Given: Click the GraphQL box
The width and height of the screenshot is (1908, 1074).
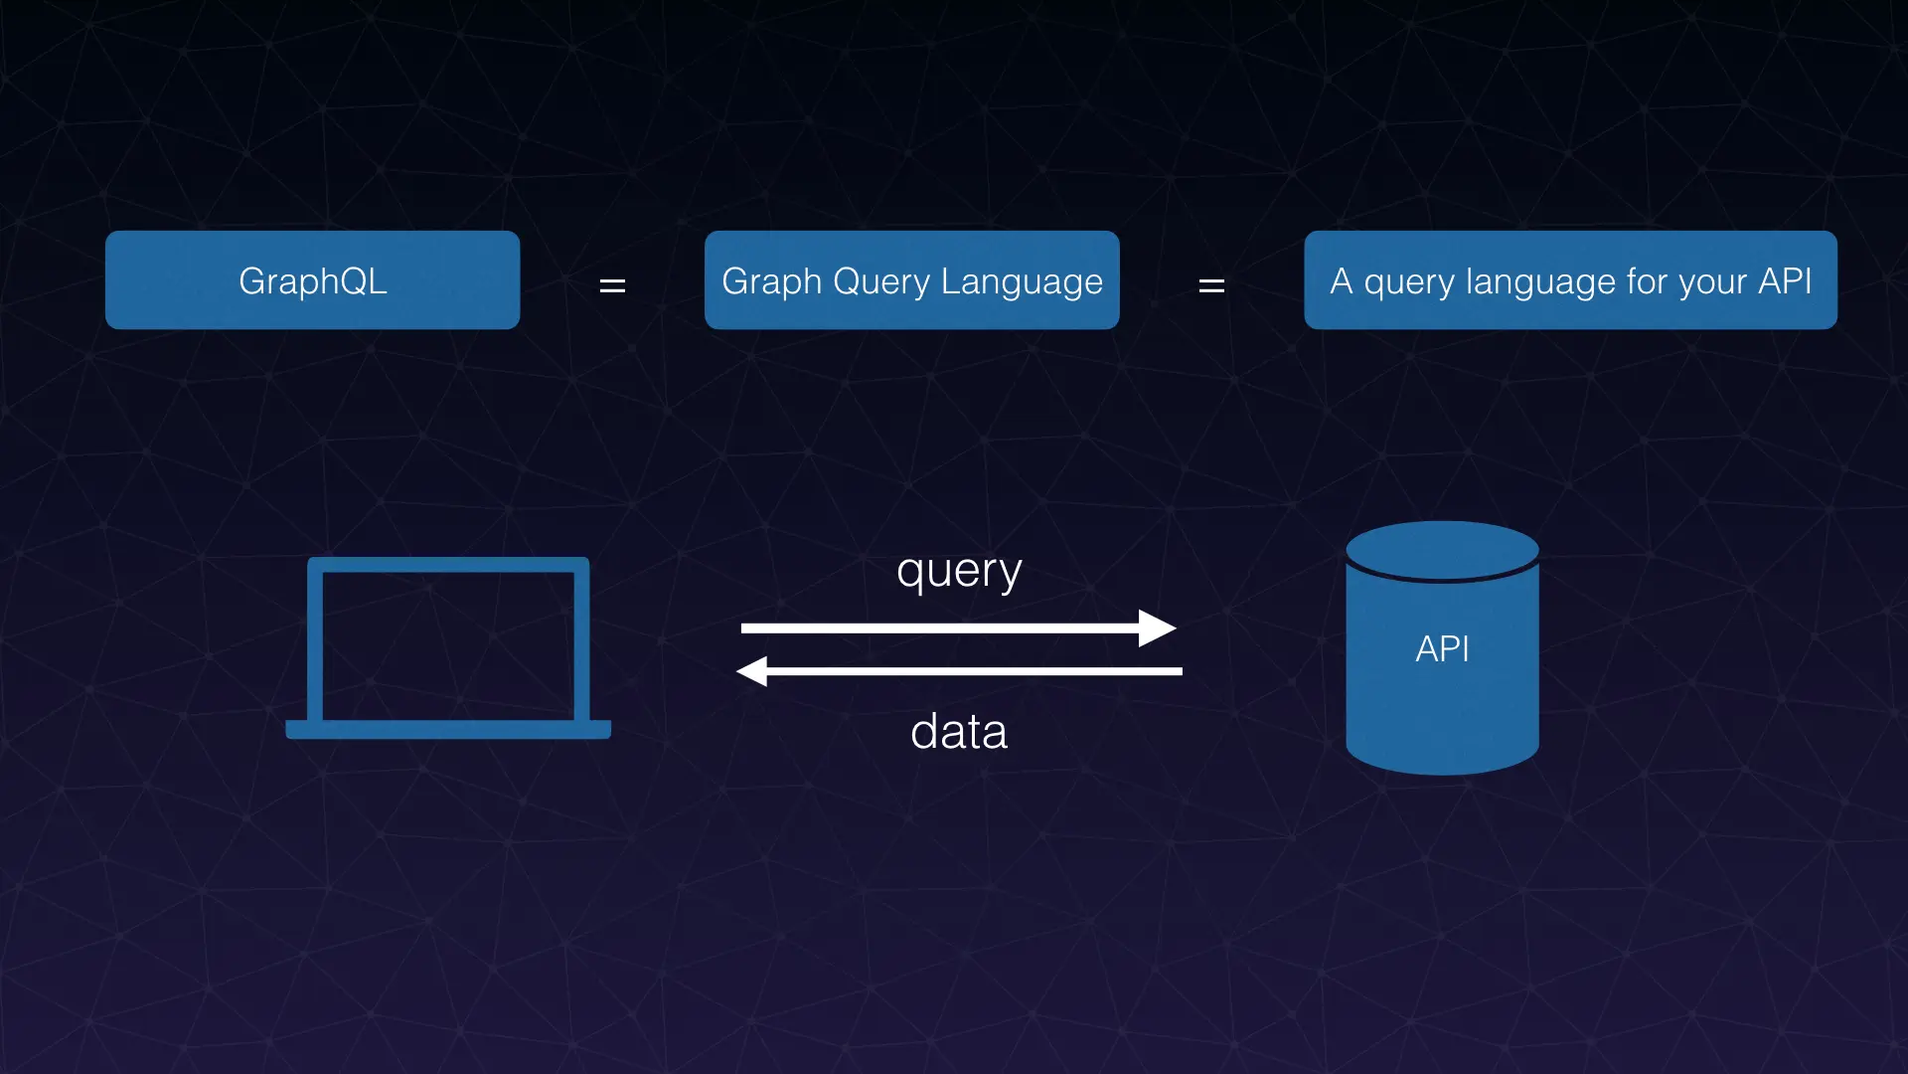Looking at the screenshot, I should pos(312,280).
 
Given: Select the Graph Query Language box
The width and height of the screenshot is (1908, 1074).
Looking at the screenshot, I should pos(911,280).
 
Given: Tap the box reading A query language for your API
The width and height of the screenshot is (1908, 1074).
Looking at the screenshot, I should pos(1570,280).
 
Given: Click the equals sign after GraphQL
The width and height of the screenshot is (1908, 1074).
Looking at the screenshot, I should pos(612,286).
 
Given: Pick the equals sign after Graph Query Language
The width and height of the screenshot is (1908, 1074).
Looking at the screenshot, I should pos(1211,286).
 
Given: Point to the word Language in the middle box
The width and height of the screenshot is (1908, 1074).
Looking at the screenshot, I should pos(1022,282).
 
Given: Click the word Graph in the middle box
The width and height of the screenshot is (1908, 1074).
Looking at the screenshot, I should pos(771,282).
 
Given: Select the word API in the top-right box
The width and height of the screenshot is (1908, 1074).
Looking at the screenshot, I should pos(1785,280).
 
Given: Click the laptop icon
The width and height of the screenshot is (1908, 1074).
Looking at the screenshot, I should pos(448,646).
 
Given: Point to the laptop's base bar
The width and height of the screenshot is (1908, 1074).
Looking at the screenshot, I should pos(448,729).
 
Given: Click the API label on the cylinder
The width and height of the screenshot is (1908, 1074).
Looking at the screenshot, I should pos(1442,649).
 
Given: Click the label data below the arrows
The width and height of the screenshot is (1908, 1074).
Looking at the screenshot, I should pos(959,732).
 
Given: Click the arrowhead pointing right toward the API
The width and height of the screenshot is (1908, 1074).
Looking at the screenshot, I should pos(1157,628).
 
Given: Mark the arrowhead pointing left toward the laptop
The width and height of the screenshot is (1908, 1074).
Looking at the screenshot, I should pos(753,671).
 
